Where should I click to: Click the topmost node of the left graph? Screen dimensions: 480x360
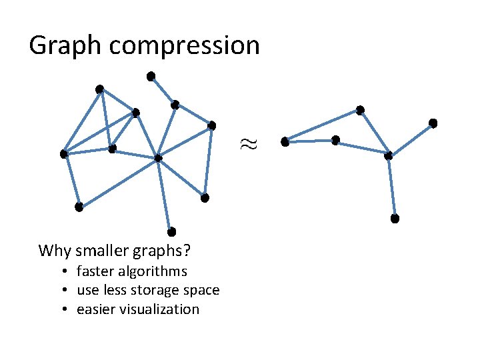click(151, 75)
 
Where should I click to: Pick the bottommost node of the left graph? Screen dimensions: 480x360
click(171, 231)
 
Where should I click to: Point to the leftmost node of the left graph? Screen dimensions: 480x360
click(63, 154)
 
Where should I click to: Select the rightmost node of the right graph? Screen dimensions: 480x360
click(433, 123)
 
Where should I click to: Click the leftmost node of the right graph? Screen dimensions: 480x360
click(285, 141)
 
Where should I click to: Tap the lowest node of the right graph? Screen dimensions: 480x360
click(395, 219)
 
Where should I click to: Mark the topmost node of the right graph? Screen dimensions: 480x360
click(360, 109)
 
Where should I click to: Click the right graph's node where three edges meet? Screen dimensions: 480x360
click(389, 155)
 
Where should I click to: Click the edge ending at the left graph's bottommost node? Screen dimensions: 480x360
click(165, 195)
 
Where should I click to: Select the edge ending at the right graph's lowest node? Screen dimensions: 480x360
click(392, 187)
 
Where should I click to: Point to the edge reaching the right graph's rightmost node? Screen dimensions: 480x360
click(411, 139)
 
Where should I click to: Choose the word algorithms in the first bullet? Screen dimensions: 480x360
click(155, 271)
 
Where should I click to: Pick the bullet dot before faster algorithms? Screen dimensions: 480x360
click(68, 271)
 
